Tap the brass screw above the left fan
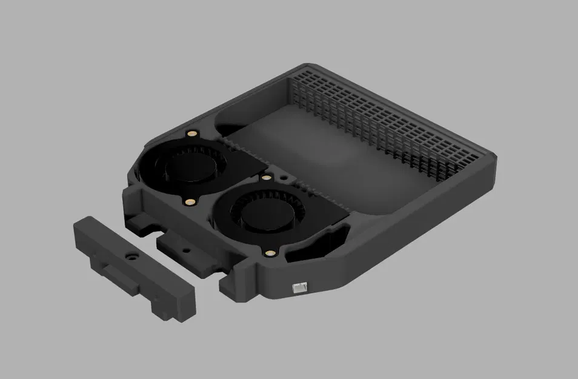point(192,133)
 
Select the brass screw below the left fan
point(191,201)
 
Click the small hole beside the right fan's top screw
point(284,176)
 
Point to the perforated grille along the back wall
point(388,121)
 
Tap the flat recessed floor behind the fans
point(315,152)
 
